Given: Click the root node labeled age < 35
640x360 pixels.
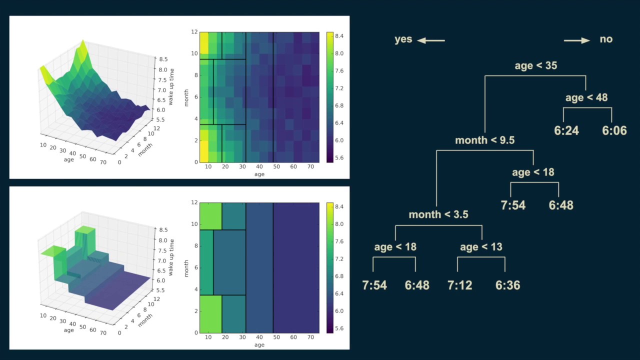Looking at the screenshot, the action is [x=535, y=65].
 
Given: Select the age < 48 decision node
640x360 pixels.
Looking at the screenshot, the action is [x=586, y=97].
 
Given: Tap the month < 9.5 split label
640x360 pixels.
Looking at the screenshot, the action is [x=485, y=140].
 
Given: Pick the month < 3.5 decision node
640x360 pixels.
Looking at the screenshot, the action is [x=438, y=214].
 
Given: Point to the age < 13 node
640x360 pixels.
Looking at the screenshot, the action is [x=481, y=247].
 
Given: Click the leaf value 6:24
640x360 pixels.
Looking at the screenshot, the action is [x=566, y=130].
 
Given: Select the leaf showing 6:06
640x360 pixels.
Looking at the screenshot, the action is [x=614, y=130].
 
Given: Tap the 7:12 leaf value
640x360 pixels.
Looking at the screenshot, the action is [x=459, y=285].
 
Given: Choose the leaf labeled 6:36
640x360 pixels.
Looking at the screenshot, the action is [x=507, y=285].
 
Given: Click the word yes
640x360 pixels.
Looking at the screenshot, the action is [x=403, y=39].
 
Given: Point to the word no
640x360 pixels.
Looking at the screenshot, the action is [x=606, y=39].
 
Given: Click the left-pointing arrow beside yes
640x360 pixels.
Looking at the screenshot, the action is [x=431, y=40].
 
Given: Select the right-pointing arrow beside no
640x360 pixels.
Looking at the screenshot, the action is [x=577, y=40].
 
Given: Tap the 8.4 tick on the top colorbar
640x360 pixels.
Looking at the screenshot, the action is [x=339, y=36].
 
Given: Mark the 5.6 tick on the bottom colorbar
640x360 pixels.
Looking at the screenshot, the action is [x=339, y=328].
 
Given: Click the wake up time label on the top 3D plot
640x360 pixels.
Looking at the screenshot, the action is [x=171, y=87].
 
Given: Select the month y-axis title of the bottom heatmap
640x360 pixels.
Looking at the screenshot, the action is [x=186, y=268].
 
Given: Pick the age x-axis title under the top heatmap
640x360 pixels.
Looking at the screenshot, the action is [x=259, y=174].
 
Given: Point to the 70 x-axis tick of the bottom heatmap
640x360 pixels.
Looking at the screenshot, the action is [x=310, y=337].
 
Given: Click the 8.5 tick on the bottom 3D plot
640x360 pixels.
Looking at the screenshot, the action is [x=163, y=230].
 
